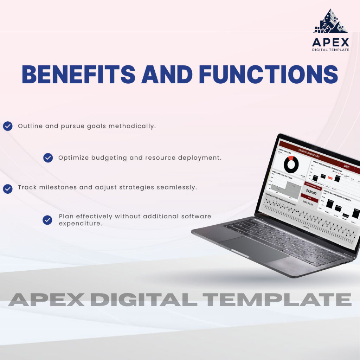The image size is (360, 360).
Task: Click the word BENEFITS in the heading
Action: [x=78, y=74]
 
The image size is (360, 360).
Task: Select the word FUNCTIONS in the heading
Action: [x=268, y=74]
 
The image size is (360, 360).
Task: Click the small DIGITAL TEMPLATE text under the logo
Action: [x=330, y=50]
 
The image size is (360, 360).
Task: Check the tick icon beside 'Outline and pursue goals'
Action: [x=8, y=126]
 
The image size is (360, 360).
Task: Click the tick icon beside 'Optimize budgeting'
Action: [x=48, y=158]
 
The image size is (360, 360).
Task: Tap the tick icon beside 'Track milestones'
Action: [x=8, y=189]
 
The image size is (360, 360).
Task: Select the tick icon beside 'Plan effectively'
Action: [x=47, y=220]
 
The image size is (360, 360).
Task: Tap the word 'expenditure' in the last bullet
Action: [x=81, y=224]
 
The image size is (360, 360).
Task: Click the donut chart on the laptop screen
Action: [x=291, y=164]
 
